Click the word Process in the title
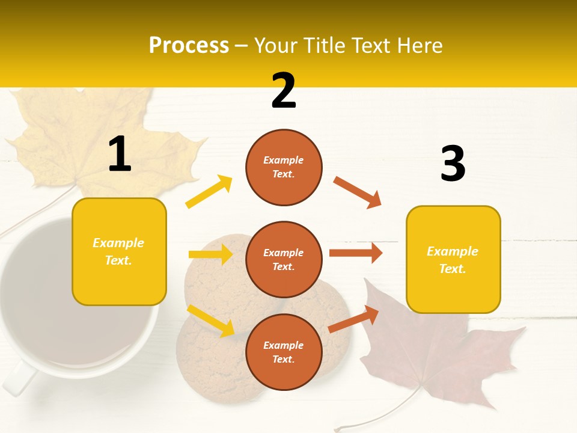point(189,46)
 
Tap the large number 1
point(120,155)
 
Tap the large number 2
point(284,91)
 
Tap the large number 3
point(453,164)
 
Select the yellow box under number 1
point(119,251)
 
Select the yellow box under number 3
point(453,259)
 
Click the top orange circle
point(284,167)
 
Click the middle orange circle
point(284,259)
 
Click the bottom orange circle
point(284,352)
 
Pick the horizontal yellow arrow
point(210,254)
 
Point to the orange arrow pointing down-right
point(358,192)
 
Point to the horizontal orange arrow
point(356,253)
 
